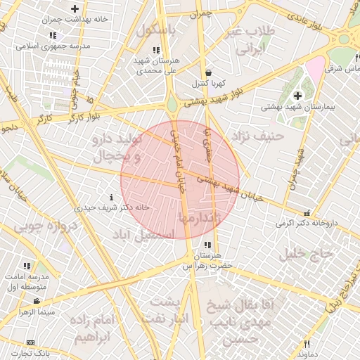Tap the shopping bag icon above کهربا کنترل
(x=208, y=72)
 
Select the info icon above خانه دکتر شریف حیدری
(x=112, y=198)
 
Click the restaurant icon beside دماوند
(x=307, y=344)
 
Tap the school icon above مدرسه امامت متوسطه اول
(x=27, y=266)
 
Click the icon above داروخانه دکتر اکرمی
(x=306, y=213)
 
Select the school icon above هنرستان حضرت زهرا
(x=206, y=245)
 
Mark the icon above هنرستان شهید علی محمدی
(x=155, y=50)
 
